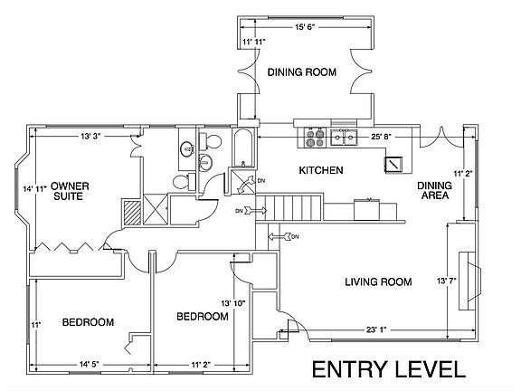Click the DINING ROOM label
tap(302, 72)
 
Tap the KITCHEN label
tap(321, 170)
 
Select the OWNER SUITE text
tap(70, 191)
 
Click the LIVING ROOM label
tap(378, 282)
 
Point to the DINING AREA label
tap(434, 190)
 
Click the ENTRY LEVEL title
tap(389, 369)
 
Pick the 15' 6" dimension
tap(304, 27)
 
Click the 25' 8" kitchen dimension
tap(381, 137)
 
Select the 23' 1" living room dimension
tap(376, 329)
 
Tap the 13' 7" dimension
tap(446, 281)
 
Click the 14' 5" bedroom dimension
tap(89, 365)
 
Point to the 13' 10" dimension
tap(233, 303)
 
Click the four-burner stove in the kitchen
tap(315, 138)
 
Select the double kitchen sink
tap(344, 138)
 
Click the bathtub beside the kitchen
tap(243, 148)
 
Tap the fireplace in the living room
tap(469, 281)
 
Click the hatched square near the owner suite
tap(132, 213)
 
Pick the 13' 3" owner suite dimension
tap(90, 136)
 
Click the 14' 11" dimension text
tap(35, 189)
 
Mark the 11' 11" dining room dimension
tap(254, 42)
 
